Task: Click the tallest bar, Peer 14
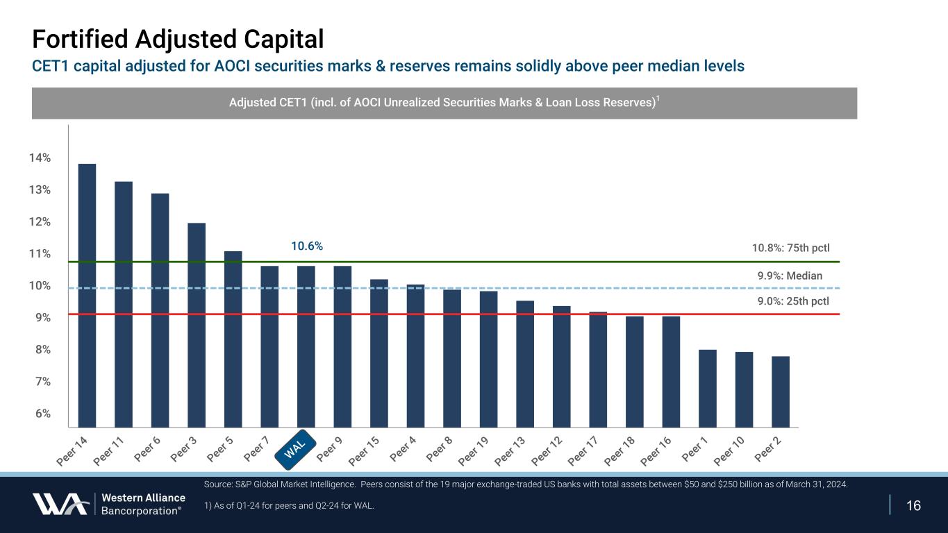click(87, 295)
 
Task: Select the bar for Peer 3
click(197, 325)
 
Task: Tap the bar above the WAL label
click(306, 346)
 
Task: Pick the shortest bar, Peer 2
click(781, 391)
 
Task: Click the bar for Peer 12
click(562, 366)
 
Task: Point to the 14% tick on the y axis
click(40, 158)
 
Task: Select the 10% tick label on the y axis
click(40, 286)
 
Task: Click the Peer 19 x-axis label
click(474, 451)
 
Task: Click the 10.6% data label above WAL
click(306, 246)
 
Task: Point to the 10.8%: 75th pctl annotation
click(791, 248)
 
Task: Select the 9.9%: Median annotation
click(790, 276)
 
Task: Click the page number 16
click(914, 505)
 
